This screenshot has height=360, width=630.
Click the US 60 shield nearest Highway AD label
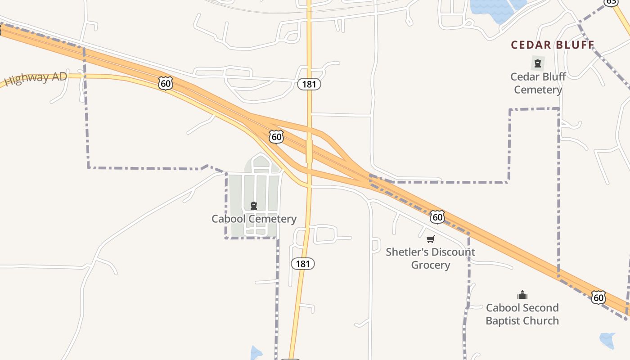click(x=166, y=83)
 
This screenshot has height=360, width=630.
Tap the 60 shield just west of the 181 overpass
click(x=276, y=136)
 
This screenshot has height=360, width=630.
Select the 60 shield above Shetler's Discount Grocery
click(x=437, y=217)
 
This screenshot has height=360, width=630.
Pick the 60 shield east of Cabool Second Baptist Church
click(x=598, y=297)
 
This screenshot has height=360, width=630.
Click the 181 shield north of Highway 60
click(x=309, y=84)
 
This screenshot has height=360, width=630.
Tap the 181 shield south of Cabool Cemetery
click(x=303, y=264)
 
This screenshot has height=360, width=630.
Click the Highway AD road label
click(x=36, y=78)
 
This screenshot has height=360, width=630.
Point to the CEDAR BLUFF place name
click(x=553, y=45)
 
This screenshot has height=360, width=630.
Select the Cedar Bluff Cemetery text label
click(x=538, y=83)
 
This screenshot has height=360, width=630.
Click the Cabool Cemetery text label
click(x=254, y=219)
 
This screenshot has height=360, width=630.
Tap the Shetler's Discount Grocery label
click(x=430, y=258)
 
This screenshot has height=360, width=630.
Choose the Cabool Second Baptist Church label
click(x=522, y=314)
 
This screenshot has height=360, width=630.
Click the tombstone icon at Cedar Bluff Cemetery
click(x=538, y=63)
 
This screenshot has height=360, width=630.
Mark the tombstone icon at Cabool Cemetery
click(x=254, y=206)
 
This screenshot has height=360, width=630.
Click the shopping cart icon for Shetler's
click(x=431, y=239)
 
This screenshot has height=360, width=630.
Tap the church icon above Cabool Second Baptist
click(x=522, y=295)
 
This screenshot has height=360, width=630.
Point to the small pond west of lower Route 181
click(x=256, y=353)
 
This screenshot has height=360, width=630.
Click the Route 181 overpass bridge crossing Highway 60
click(x=309, y=151)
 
